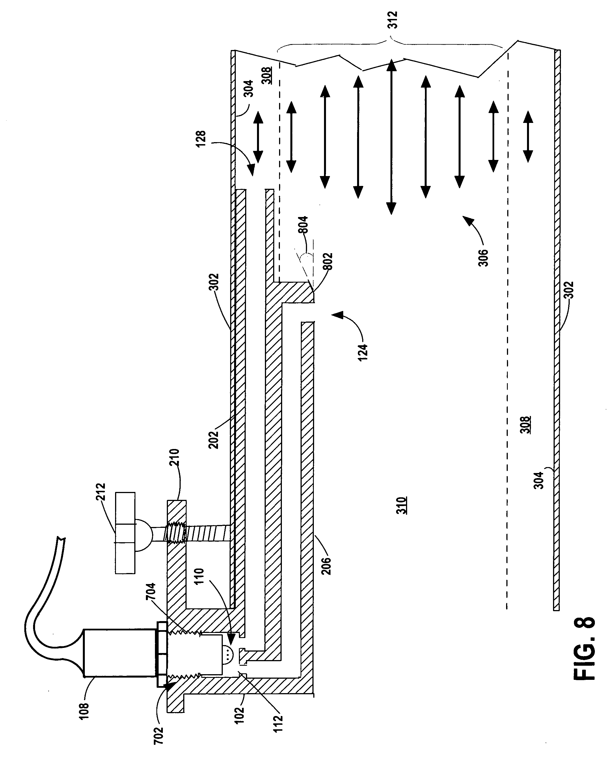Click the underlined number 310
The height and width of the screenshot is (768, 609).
[x=402, y=506]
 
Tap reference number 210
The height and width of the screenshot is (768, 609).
[x=175, y=458]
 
